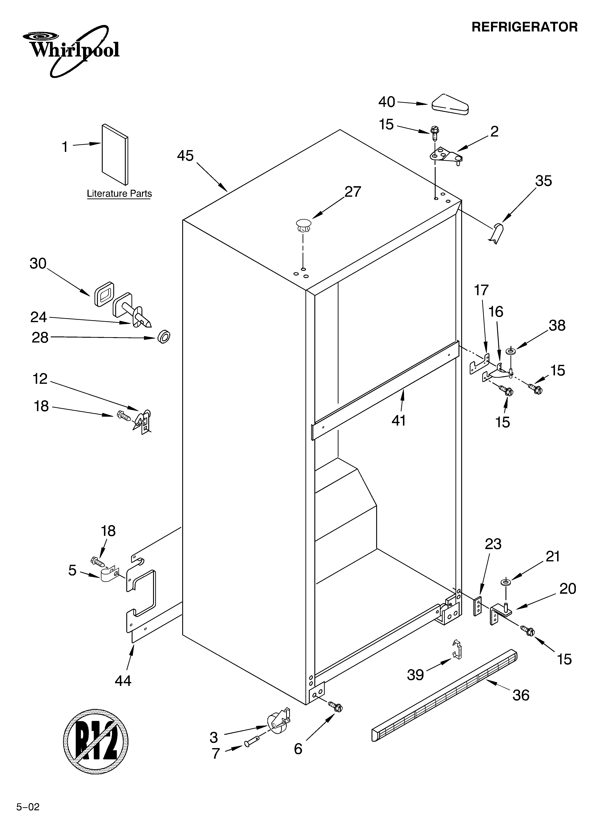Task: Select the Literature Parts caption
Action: pyautogui.click(x=119, y=194)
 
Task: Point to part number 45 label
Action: pyautogui.click(x=185, y=156)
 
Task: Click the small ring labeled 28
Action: pyautogui.click(x=164, y=337)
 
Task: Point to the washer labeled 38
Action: pyautogui.click(x=511, y=352)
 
